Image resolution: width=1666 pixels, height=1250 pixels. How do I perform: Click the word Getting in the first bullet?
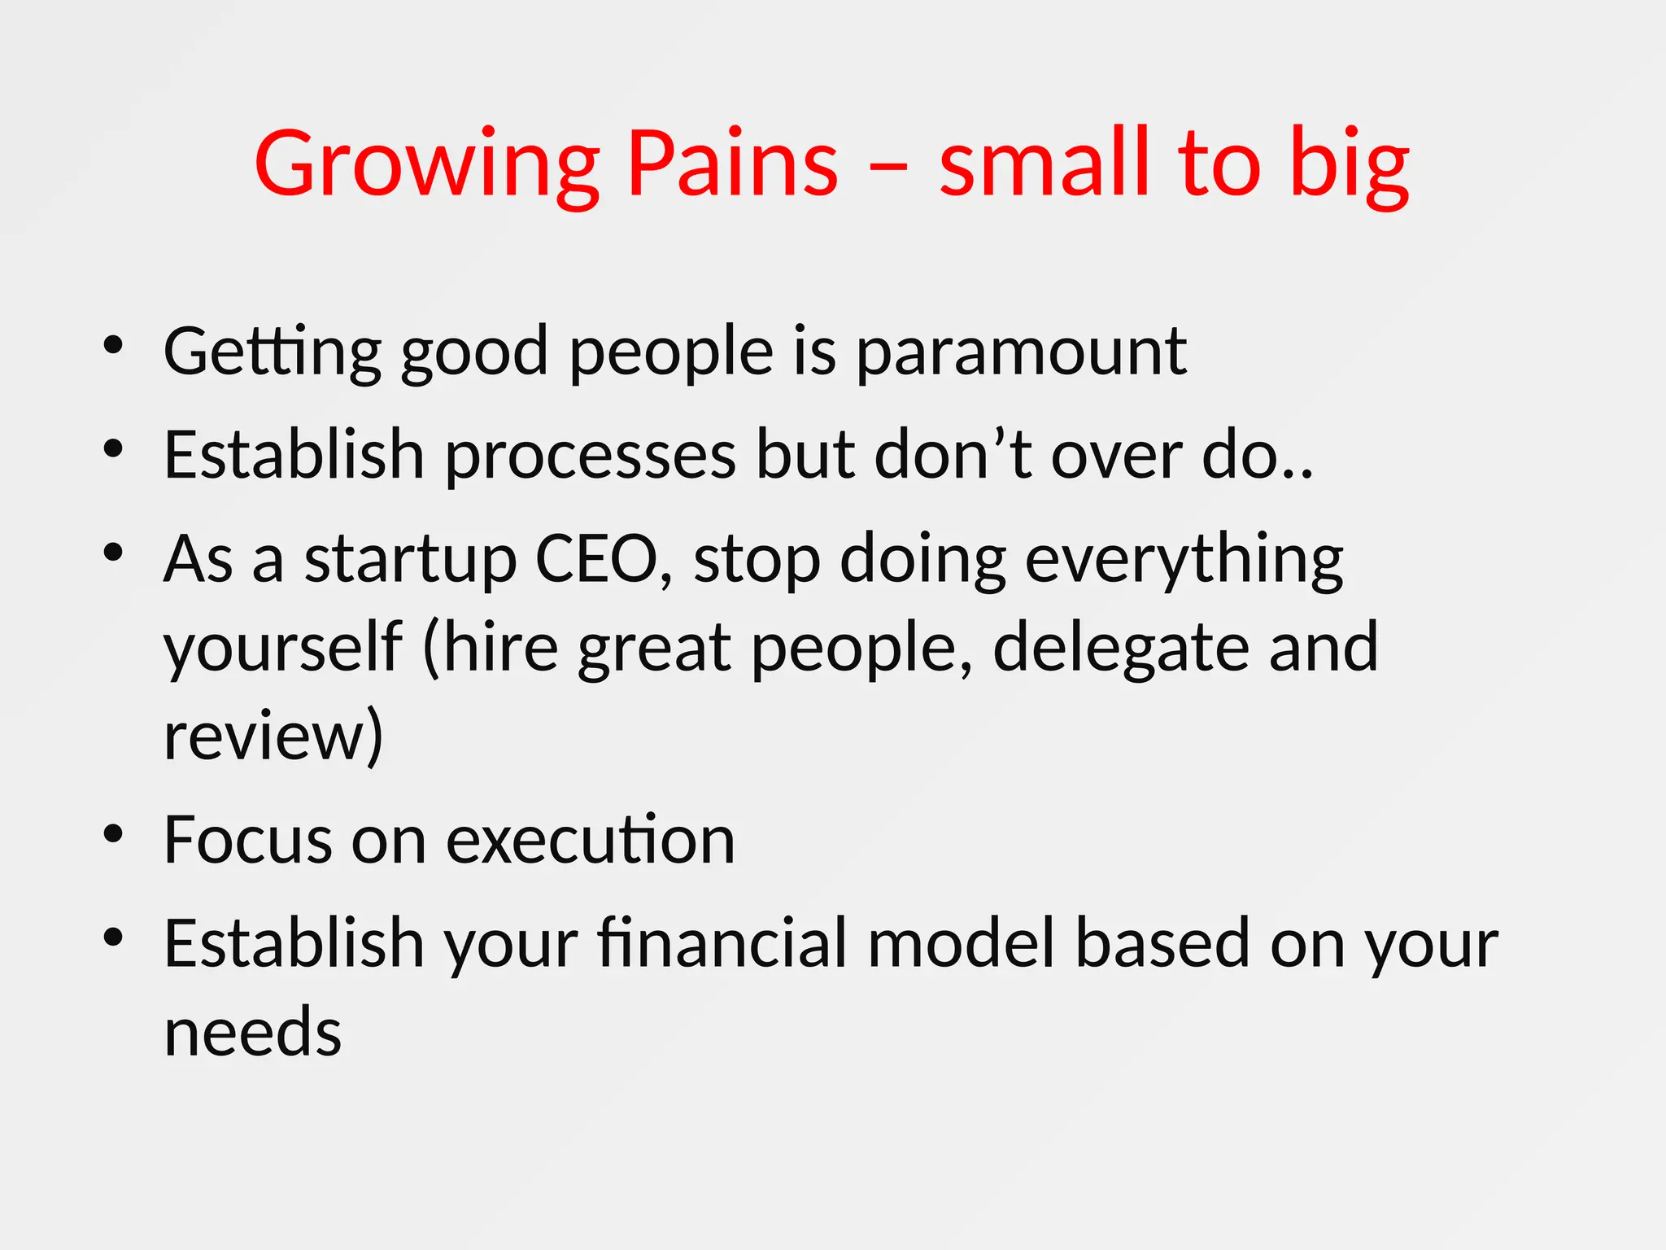[x=273, y=352]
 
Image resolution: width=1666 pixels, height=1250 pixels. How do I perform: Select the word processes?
[x=591, y=456]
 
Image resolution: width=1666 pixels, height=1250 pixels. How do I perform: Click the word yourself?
[x=283, y=649]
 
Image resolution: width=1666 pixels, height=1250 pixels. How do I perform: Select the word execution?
[x=591, y=840]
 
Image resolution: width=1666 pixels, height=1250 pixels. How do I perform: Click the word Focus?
[x=248, y=840]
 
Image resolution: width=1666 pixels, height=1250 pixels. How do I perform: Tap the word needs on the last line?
[x=253, y=1032]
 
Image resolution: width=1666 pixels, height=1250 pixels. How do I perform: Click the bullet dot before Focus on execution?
[x=113, y=833]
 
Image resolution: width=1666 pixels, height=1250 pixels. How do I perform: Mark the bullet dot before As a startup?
[x=113, y=553]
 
